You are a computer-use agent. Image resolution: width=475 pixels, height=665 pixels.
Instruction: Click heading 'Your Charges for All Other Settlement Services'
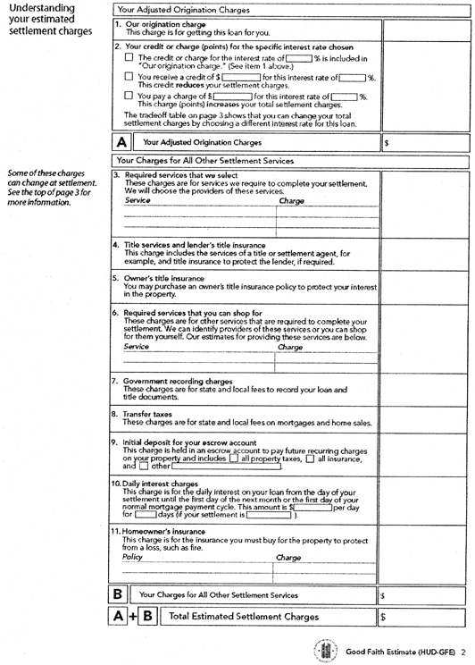coord(204,160)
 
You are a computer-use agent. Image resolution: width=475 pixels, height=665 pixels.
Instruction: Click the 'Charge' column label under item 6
coord(290,347)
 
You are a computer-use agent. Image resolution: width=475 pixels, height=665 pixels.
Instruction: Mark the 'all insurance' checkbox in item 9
coord(310,459)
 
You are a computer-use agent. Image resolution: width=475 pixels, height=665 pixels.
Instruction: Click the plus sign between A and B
coord(137,616)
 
